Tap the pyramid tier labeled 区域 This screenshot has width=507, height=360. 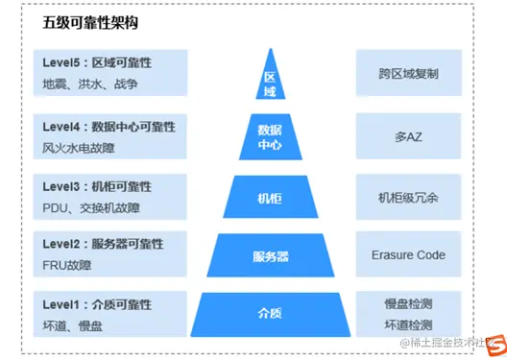[x=270, y=81]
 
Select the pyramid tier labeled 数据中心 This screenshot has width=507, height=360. [x=270, y=137]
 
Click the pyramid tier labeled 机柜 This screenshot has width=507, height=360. [x=270, y=198]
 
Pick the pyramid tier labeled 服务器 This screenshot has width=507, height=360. [x=270, y=256]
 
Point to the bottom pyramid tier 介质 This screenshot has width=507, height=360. [x=270, y=313]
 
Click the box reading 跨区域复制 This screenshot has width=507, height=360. [x=408, y=73]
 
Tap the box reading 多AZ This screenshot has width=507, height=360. [x=408, y=137]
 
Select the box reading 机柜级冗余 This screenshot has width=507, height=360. [x=408, y=197]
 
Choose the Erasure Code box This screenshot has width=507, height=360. [x=408, y=255]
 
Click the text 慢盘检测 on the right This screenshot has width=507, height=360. [x=408, y=303]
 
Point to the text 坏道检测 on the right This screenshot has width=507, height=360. [x=408, y=324]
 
